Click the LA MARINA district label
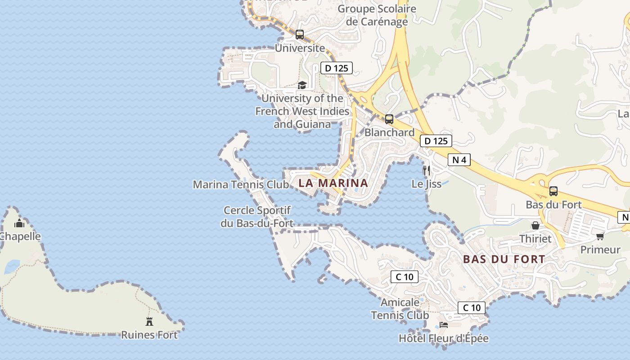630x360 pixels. pyautogui.click(x=333, y=183)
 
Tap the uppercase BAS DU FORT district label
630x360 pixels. pyautogui.click(x=504, y=259)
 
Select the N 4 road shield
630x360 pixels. pyautogui.click(x=459, y=160)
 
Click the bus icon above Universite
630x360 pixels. pyautogui.click(x=300, y=34)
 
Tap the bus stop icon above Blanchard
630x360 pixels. pyautogui.click(x=389, y=119)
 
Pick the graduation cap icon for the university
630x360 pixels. pyautogui.click(x=302, y=85)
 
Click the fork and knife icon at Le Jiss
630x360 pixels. pyautogui.click(x=427, y=170)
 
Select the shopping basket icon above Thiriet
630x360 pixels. pyautogui.click(x=535, y=225)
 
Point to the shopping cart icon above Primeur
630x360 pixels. pyautogui.click(x=600, y=236)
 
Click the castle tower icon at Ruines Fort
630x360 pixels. pyautogui.click(x=149, y=321)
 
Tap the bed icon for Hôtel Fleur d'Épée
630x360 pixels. pyautogui.click(x=444, y=325)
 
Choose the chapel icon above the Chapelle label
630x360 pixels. pyautogui.click(x=19, y=223)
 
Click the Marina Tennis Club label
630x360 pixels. pyautogui.click(x=241, y=184)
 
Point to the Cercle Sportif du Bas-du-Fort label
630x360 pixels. pyautogui.click(x=257, y=216)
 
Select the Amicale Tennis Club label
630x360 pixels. pyautogui.click(x=400, y=309)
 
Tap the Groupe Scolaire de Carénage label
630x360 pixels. pyautogui.click(x=377, y=15)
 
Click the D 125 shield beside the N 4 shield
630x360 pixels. pyautogui.click(x=436, y=141)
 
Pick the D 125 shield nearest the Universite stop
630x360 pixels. pyautogui.click(x=336, y=68)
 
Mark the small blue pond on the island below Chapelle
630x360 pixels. pyautogui.click(x=11, y=267)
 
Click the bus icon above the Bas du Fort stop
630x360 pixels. pyautogui.click(x=553, y=191)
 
